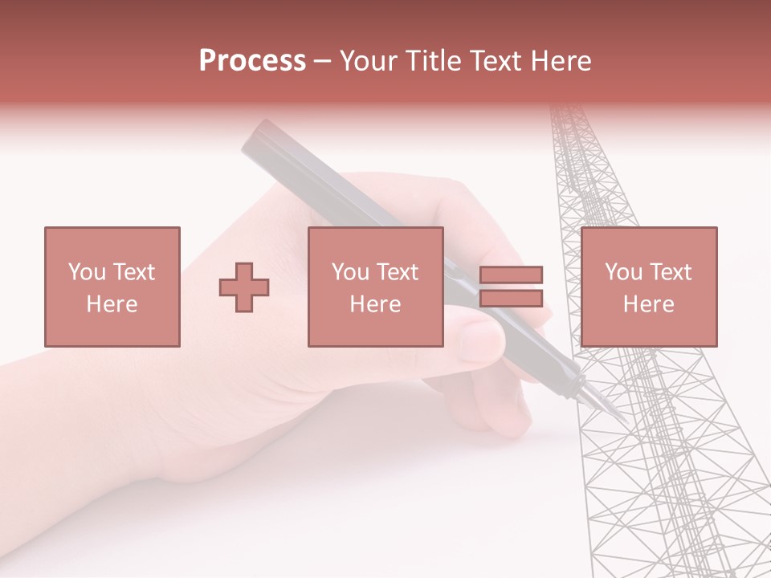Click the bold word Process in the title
tap(252, 61)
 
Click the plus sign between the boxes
tap(244, 287)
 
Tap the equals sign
tap(511, 287)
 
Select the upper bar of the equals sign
tap(511, 275)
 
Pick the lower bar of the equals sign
tap(511, 299)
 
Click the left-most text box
tap(112, 287)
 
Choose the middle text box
tap(375, 287)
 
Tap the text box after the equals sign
tap(648, 287)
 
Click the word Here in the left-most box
tap(112, 304)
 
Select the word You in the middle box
tap(350, 272)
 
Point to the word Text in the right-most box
tap(672, 272)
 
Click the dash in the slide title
tap(322, 61)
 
